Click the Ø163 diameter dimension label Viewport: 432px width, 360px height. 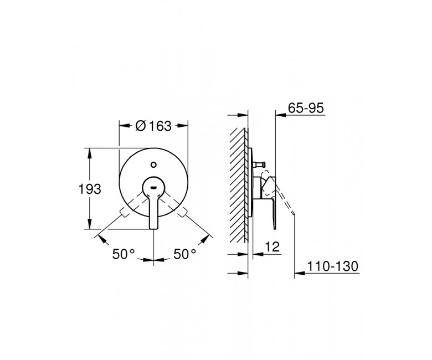point(153,126)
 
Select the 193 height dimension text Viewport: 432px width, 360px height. point(90,189)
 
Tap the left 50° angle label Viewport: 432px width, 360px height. point(124,254)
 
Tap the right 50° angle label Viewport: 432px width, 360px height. point(184,254)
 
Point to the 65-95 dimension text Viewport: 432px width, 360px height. point(306,108)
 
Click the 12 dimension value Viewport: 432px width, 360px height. point(272,246)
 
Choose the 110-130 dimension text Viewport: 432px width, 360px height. point(332,266)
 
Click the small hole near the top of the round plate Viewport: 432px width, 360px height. point(154,165)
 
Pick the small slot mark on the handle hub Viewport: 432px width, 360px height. point(153,188)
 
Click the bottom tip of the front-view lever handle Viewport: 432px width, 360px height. point(154,228)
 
